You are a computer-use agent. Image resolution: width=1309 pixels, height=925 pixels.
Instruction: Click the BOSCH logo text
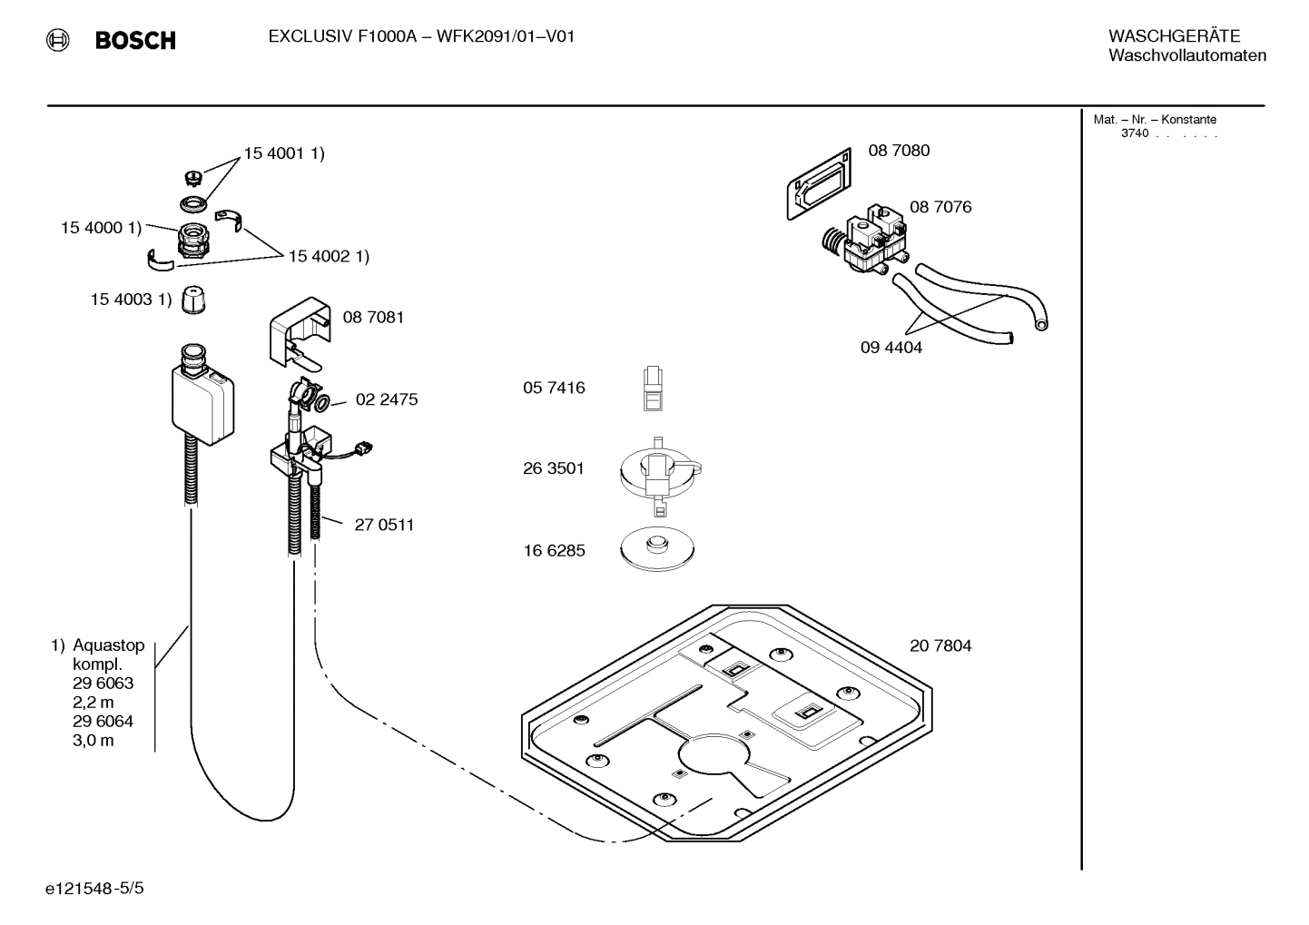coord(134,41)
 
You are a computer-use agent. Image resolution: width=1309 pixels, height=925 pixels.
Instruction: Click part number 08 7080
coord(899,151)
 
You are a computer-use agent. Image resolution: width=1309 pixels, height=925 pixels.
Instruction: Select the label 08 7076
coord(940,207)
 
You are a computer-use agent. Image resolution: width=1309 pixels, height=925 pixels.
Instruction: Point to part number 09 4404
coord(891,348)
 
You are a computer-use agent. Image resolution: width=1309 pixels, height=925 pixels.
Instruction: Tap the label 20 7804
coord(940,646)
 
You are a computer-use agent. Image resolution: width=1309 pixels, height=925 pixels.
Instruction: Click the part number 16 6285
coord(554,551)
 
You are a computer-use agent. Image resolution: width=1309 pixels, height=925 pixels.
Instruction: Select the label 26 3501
coord(554,469)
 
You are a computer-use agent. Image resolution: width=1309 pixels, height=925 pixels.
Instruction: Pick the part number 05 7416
coord(554,389)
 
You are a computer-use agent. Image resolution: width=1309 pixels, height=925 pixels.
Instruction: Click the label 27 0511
coord(384,525)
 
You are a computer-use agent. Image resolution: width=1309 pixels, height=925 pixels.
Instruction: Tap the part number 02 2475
coord(387,399)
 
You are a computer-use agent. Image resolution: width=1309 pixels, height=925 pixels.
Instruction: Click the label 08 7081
coord(373,318)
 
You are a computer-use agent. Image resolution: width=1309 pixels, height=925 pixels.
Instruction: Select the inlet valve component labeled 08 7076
coord(867,241)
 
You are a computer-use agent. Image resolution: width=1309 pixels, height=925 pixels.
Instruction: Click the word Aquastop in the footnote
coord(108,646)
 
